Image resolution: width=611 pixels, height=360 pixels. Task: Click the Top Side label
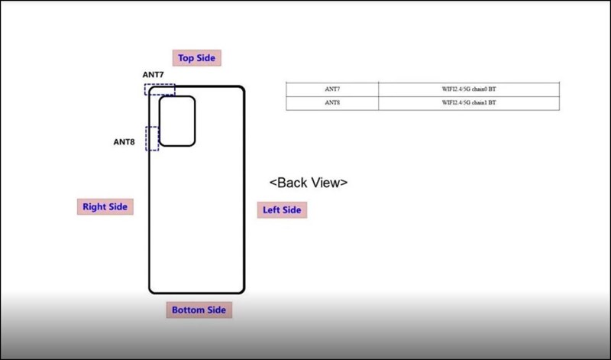click(x=197, y=57)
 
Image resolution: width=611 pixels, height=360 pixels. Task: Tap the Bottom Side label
click(x=199, y=310)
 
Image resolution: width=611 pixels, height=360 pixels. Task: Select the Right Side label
click(x=105, y=206)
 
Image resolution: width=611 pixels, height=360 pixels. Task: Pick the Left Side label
click(x=282, y=210)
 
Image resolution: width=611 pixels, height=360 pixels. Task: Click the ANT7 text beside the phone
click(x=153, y=74)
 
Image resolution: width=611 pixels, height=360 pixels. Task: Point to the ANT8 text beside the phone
click(x=125, y=141)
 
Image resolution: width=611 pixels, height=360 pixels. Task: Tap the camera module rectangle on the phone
click(x=177, y=121)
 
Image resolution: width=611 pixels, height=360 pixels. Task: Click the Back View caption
click(x=309, y=183)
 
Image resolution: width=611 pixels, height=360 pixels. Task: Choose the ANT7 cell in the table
click(x=332, y=89)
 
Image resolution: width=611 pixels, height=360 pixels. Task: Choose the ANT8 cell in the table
click(x=332, y=102)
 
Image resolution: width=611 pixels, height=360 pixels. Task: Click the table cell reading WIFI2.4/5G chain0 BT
click(x=468, y=89)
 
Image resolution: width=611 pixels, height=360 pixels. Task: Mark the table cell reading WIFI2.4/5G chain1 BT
click(x=468, y=102)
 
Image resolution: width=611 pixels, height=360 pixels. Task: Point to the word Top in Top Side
click(x=186, y=57)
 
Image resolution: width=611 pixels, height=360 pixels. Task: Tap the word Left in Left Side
click(x=271, y=210)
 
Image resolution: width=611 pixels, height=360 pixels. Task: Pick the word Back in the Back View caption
click(x=292, y=183)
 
